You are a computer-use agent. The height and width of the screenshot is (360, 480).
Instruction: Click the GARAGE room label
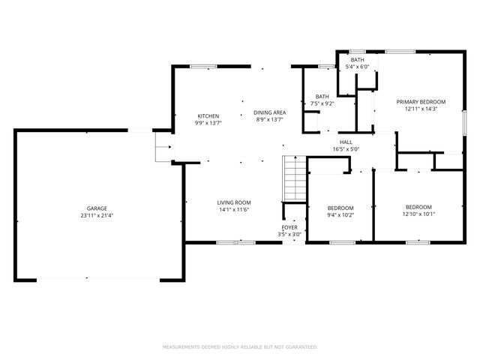(97, 208)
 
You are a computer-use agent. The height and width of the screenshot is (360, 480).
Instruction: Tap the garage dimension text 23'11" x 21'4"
(97, 215)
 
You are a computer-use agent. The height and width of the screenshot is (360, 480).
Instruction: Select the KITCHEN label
(208, 115)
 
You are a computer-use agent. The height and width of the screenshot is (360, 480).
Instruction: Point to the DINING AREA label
(269, 112)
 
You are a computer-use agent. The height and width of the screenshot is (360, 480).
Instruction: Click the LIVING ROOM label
(234, 202)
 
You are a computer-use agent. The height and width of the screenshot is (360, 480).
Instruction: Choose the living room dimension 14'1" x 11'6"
(234, 210)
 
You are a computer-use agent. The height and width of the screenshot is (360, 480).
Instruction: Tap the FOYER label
(289, 227)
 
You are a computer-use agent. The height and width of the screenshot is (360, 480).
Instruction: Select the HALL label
(346, 141)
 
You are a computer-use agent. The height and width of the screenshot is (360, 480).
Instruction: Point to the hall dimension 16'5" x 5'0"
(346, 148)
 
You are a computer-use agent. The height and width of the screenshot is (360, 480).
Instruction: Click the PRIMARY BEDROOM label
(421, 101)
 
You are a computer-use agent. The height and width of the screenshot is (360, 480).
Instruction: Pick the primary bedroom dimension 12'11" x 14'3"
(421, 109)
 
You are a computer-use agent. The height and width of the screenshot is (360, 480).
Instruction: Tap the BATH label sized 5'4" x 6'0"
(357, 59)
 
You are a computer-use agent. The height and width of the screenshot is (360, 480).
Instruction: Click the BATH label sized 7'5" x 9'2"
(322, 96)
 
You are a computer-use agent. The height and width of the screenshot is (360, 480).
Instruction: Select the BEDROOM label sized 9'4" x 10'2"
(340, 208)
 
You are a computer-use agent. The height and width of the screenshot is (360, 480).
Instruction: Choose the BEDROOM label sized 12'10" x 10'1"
(418, 207)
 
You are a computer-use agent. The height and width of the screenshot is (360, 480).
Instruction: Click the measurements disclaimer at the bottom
(240, 347)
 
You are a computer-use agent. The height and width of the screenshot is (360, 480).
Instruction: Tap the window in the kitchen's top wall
(199, 67)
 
